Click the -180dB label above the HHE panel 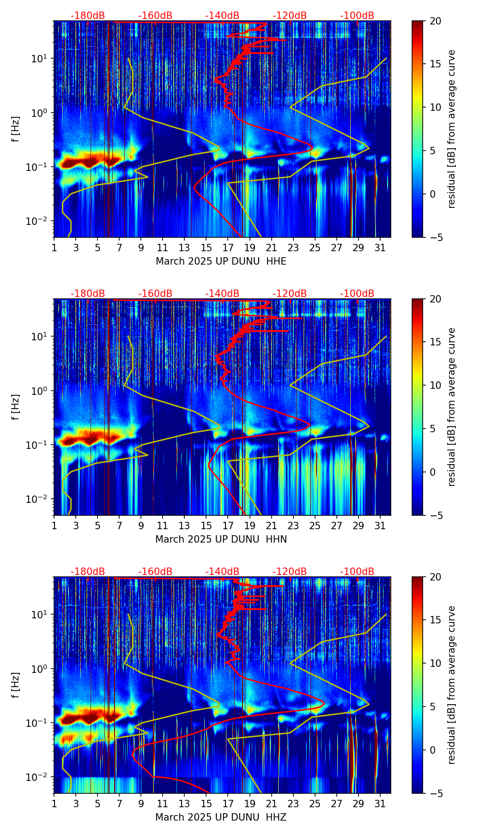pos(88,16)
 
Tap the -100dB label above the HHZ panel pos(357,572)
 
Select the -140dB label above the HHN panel pos(222,294)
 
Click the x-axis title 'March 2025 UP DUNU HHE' pos(221,261)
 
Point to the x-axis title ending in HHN pos(221,539)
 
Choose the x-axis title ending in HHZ pos(221,817)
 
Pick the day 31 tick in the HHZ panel pos(380,804)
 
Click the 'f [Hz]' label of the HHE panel pos(16,129)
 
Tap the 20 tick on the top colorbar pos(435,21)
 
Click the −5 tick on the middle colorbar pos(435,515)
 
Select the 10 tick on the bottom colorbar pos(435,663)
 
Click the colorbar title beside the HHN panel pos(451,406)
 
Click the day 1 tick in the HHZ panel pos(54,804)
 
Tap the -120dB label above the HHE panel pos(290,16)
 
